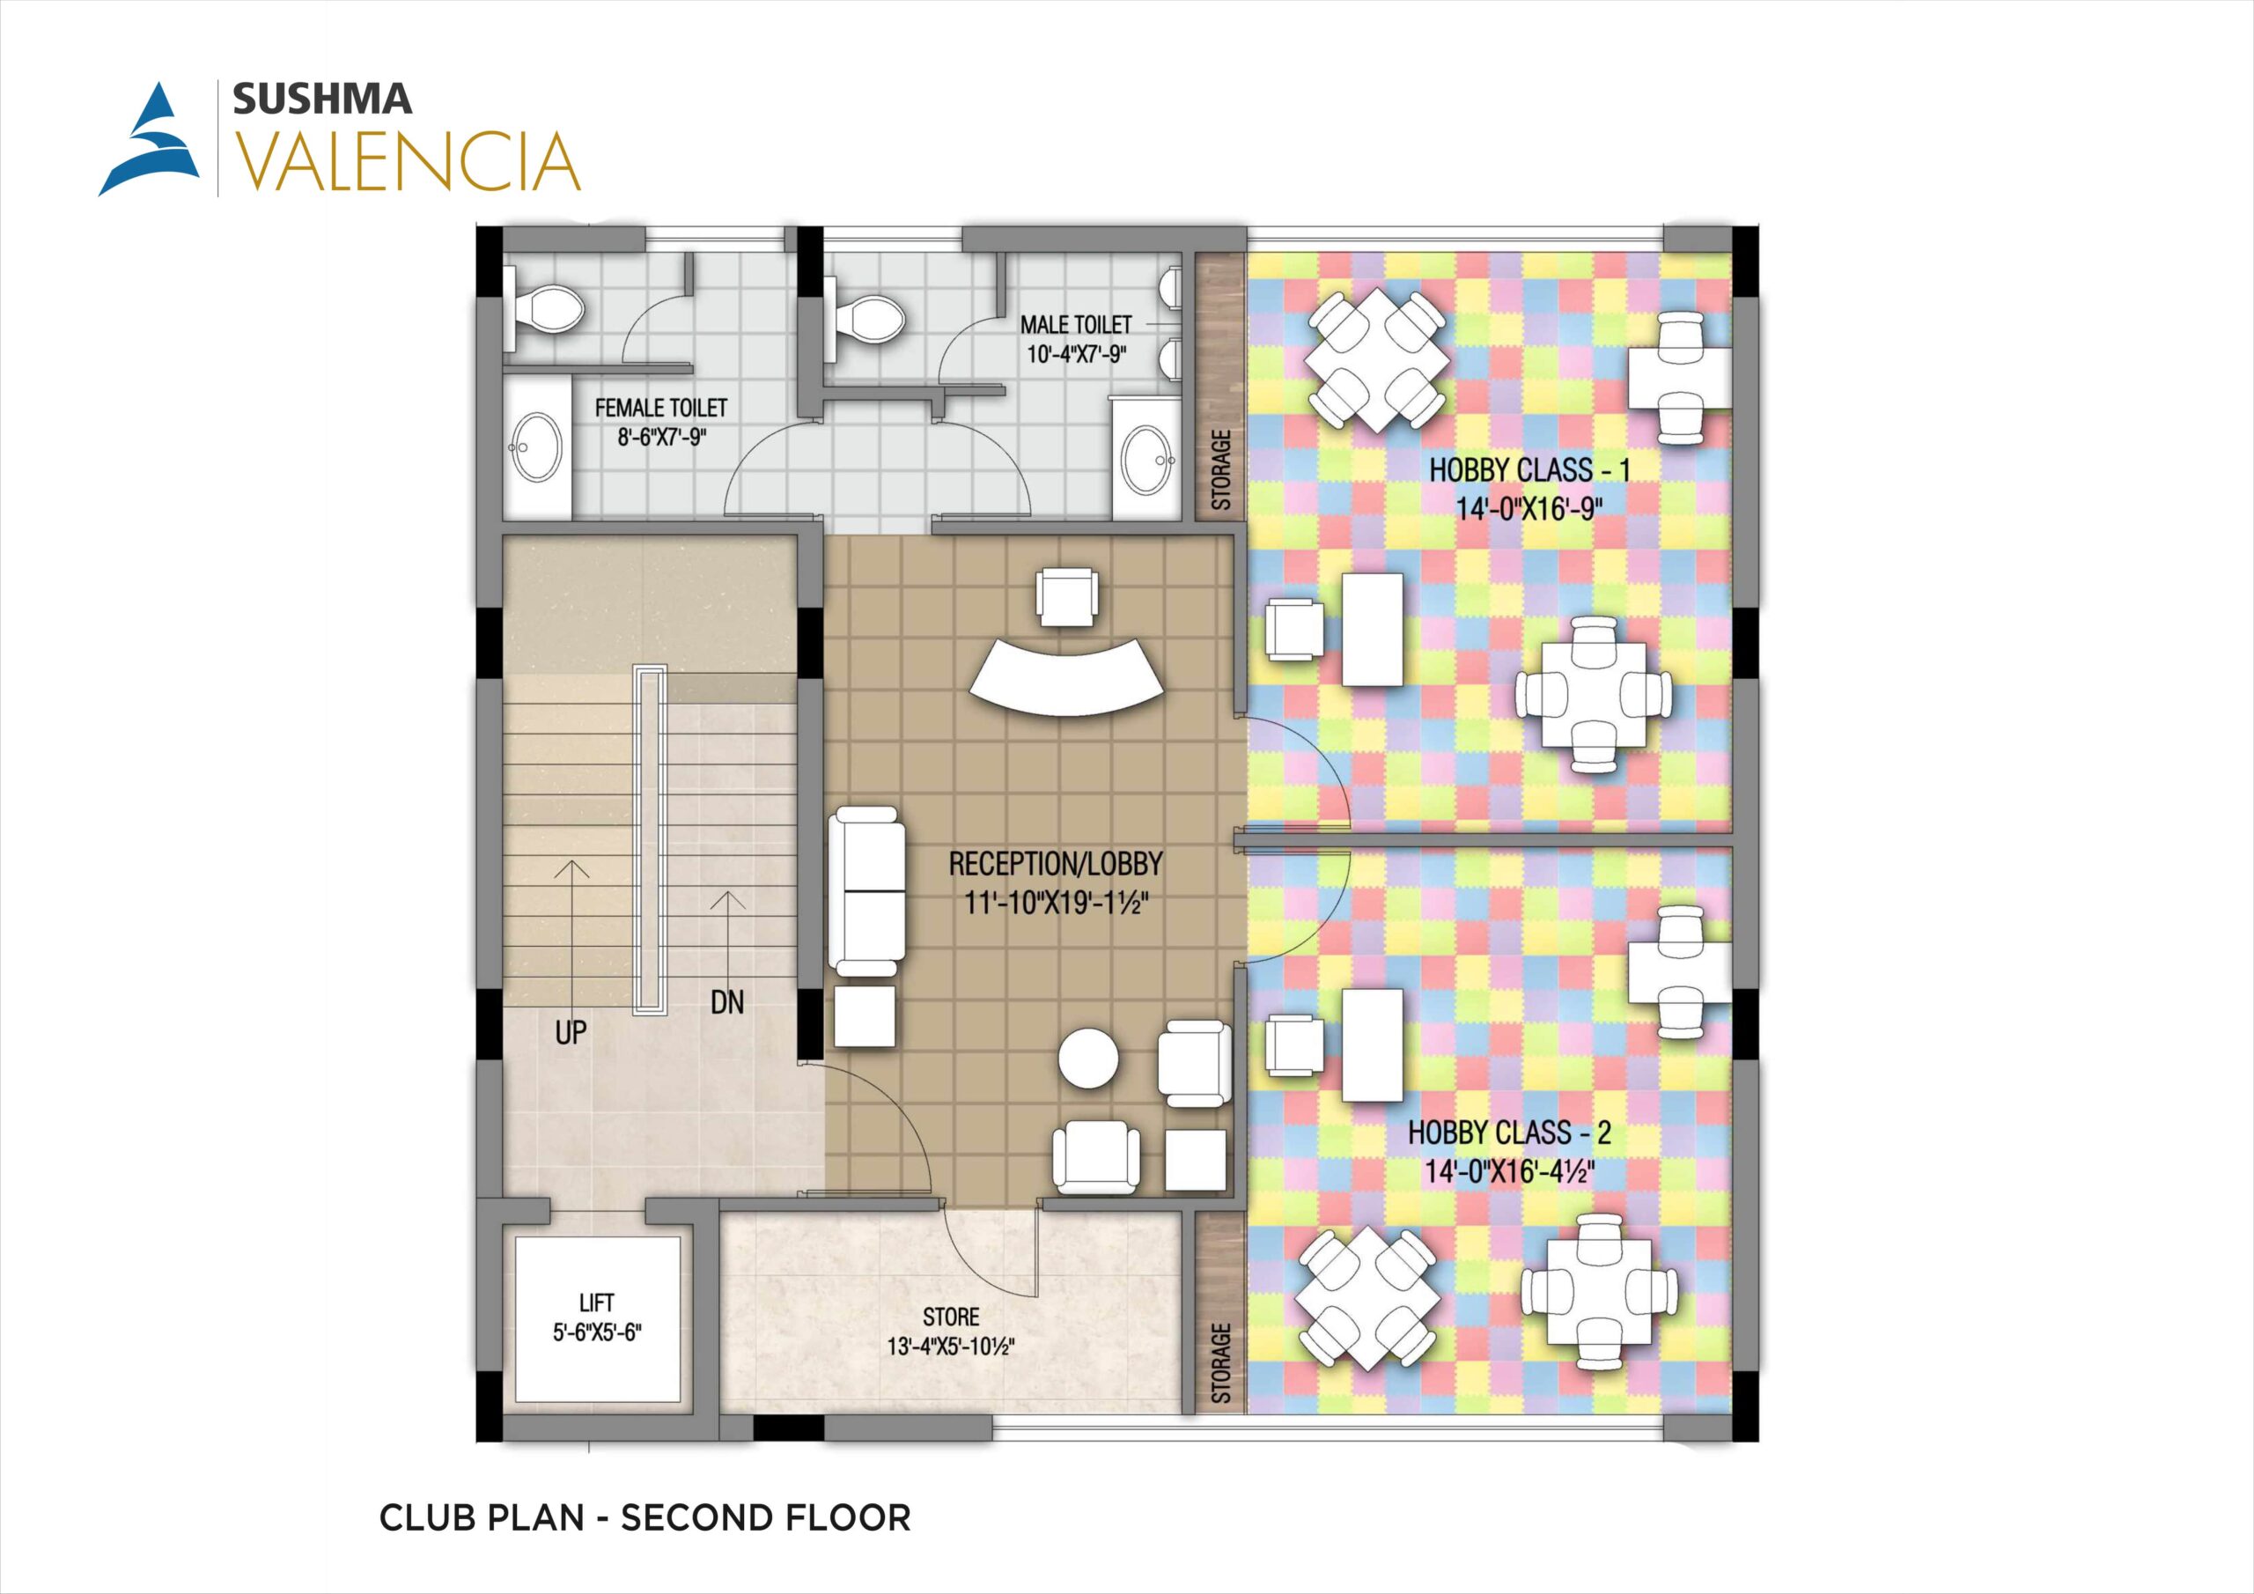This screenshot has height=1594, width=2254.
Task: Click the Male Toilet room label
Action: [x=1076, y=339]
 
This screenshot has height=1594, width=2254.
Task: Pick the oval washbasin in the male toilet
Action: [x=1146, y=459]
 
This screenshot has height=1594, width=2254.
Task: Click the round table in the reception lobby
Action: [x=1089, y=1057]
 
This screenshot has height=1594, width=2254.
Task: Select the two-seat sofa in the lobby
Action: [x=866, y=891]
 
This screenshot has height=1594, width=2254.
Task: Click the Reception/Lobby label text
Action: [x=1056, y=882]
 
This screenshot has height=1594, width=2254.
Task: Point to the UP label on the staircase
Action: [x=571, y=1032]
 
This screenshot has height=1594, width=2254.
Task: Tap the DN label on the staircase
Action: [x=727, y=1003]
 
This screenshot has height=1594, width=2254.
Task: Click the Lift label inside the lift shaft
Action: [x=597, y=1317]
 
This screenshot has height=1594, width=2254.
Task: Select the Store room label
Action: [x=950, y=1331]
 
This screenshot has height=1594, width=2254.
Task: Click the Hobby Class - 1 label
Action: [x=1529, y=489]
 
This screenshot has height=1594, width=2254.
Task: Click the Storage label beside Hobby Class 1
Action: [x=1221, y=469]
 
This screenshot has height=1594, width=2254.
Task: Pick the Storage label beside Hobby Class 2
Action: [x=1221, y=1362]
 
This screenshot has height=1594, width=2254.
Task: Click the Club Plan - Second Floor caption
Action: [x=645, y=1517]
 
